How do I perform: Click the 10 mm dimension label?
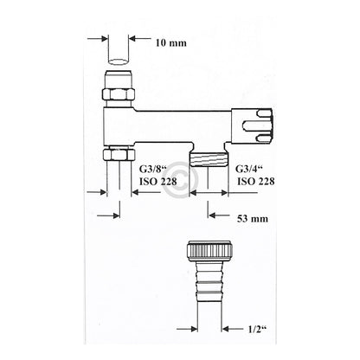tap(171, 43)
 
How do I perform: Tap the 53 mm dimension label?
tap(253, 219)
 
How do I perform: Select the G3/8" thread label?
tap(151, 169)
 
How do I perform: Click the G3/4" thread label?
tap(247, 169)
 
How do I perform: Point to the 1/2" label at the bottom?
tap(256, 329)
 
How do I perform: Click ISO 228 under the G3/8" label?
tap(157, 182)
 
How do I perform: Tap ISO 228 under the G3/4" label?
tap(256, 182)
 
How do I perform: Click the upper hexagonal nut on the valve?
tap(119, 94)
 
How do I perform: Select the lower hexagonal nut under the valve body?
tap(119, 154)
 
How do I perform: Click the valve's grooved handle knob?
tap(252, 126)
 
